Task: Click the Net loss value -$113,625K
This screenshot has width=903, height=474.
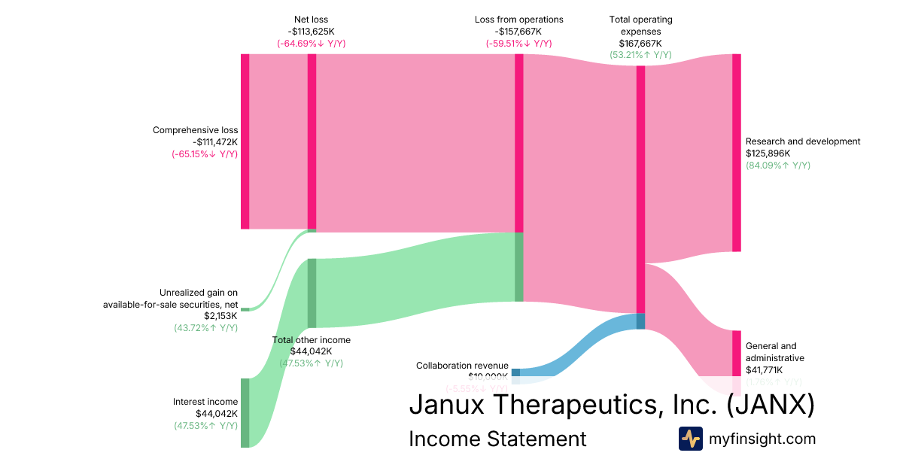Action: [x=311, y=32]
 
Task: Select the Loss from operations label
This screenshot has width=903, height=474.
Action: [x=518, y=20]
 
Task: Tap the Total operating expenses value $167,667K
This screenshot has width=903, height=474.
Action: [x=640, y=43]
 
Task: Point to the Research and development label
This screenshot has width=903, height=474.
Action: [x=802, y=141]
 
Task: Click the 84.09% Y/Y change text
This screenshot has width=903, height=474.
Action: [x=777, y=166]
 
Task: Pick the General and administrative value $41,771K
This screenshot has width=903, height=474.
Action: [x=764, y=370]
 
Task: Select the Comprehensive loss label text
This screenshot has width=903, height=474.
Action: [x=195, y=130]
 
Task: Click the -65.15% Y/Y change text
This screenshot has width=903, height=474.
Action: [x=205, y=154]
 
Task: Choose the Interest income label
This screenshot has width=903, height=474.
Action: [x=205, y=402]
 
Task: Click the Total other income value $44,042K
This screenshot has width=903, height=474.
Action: [x=311, y=351]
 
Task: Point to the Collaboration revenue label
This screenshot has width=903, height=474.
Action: [x=462, y=366]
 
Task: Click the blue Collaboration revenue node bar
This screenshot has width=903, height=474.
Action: [x=515, y=372]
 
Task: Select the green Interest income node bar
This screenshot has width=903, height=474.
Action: [x=245, y=413]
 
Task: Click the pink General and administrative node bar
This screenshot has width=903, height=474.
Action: [x=736, y=354]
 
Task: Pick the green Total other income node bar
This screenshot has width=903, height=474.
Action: [x=312, y=293]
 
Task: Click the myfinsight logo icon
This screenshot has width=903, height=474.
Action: [x=690, y=439]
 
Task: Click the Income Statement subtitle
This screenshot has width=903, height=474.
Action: [x=497, y=439]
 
